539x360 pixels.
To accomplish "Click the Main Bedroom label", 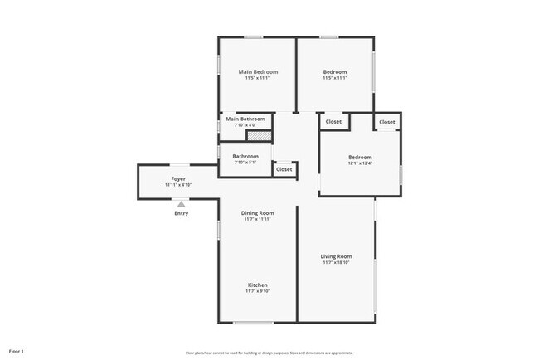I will point(258,72).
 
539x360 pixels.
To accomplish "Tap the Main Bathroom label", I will point(245,119).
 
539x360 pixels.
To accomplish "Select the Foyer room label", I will point(178,178).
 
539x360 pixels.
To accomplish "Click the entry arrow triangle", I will point(181,202).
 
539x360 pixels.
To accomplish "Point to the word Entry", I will point(181,213).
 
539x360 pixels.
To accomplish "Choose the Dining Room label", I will point(257,213).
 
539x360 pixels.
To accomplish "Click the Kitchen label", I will point(257,285).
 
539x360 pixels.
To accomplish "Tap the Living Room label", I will point(337,256).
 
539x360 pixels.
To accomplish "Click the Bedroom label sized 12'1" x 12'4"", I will point(360,157).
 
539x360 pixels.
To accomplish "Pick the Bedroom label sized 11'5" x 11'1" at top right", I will point(335,72).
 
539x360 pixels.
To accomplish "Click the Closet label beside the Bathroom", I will point(284,169).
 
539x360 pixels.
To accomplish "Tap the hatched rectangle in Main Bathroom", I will point(260,134).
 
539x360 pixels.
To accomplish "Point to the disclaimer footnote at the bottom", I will point(269,353).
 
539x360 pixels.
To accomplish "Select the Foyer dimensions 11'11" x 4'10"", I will point(178,185).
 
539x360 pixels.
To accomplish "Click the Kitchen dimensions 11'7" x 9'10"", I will point(257,292).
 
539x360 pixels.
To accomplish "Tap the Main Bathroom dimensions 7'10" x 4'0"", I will point(245,126).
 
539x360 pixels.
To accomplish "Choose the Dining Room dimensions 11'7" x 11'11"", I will point(257,220).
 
